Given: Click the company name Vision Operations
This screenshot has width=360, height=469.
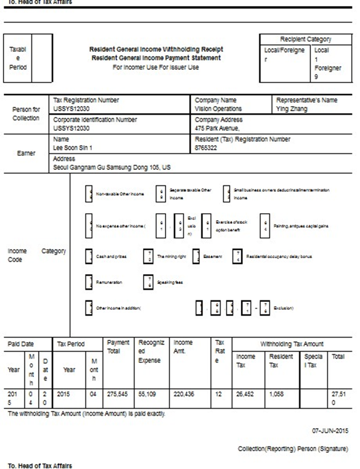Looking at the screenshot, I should pyautogui.click(x=218, y=109).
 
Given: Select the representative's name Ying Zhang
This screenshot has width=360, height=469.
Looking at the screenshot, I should pyautogui.click(x=292, y=109).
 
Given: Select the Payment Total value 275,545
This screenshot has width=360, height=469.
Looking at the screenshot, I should pyautogui.click(x=117, y=394).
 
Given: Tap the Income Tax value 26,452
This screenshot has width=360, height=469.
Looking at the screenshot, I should pyautogui.click(x=245, y=394).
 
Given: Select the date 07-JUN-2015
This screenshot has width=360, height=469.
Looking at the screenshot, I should pyautogui.click(x=329, y=431).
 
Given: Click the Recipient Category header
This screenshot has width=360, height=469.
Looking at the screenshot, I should pyautogui.click(x=306, y=40).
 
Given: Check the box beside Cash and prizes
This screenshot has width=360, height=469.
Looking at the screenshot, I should pyautogui.click(x=89, y=256).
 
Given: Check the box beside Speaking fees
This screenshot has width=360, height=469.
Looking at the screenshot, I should pyautogui.click(x=148, y=281).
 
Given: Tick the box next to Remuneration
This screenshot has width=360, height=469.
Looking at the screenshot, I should pyautogui.click(x=89, y=281).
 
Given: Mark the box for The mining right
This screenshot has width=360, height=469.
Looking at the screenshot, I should pyautogui.click(x=148, y=256).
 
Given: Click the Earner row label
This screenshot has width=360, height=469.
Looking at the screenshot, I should pyautogui.click(x=26, y=154).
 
